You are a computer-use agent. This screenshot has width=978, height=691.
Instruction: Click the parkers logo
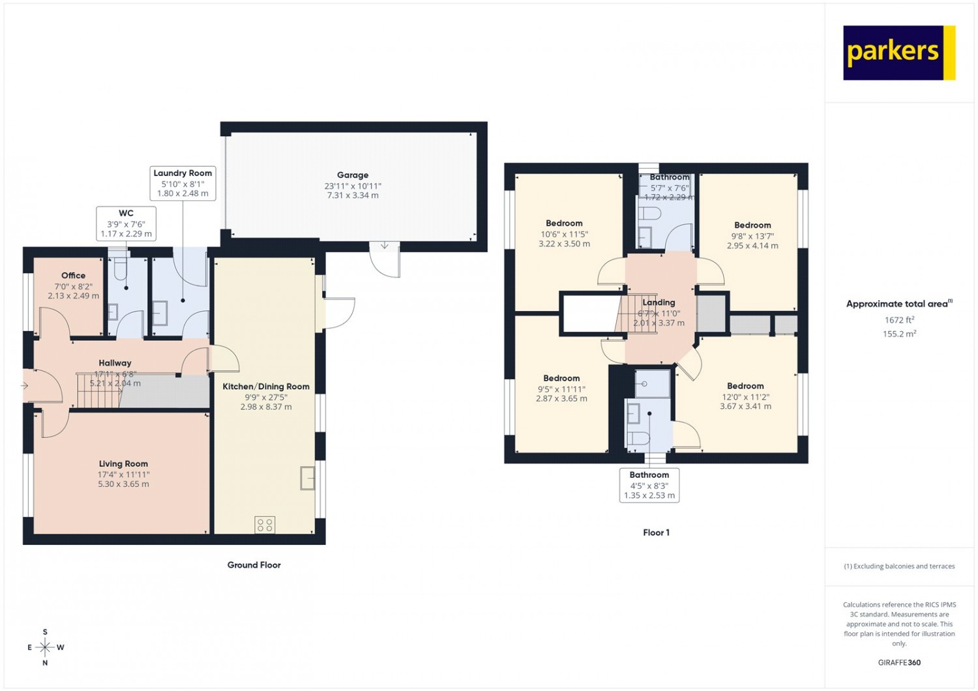point(898,53)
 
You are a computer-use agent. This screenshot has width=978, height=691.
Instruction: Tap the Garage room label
point(353,175)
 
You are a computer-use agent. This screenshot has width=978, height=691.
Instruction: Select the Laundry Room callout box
point(183,183)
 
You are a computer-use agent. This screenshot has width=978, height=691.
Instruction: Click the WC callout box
point(126,224)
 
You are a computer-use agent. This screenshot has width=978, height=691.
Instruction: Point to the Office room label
point(73,276)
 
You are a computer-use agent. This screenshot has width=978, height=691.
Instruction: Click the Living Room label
point(123,464)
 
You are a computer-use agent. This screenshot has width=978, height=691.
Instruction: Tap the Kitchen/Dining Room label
point(266,387)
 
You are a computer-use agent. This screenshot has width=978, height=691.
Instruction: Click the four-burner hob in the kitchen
point(265,524)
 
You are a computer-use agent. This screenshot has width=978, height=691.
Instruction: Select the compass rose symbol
point(45,647)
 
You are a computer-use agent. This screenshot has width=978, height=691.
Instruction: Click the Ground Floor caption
point(254,565)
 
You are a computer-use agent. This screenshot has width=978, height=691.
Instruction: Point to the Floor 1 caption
point(656,533)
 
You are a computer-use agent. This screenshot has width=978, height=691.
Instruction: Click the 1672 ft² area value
point(899,320)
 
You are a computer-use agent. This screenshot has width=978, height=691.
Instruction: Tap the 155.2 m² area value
point(899,334)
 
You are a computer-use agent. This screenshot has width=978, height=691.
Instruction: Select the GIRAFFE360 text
point(899,662)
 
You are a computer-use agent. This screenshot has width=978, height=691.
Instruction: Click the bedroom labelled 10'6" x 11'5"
point(564,233)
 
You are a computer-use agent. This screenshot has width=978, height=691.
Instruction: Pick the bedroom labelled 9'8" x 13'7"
point(752,235)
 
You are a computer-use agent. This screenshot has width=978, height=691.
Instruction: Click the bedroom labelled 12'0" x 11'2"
point(745,396)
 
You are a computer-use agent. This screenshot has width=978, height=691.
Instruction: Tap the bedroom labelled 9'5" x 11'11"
point(561,389)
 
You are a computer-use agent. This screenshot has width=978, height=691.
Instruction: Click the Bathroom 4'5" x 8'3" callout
point(649,485)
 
